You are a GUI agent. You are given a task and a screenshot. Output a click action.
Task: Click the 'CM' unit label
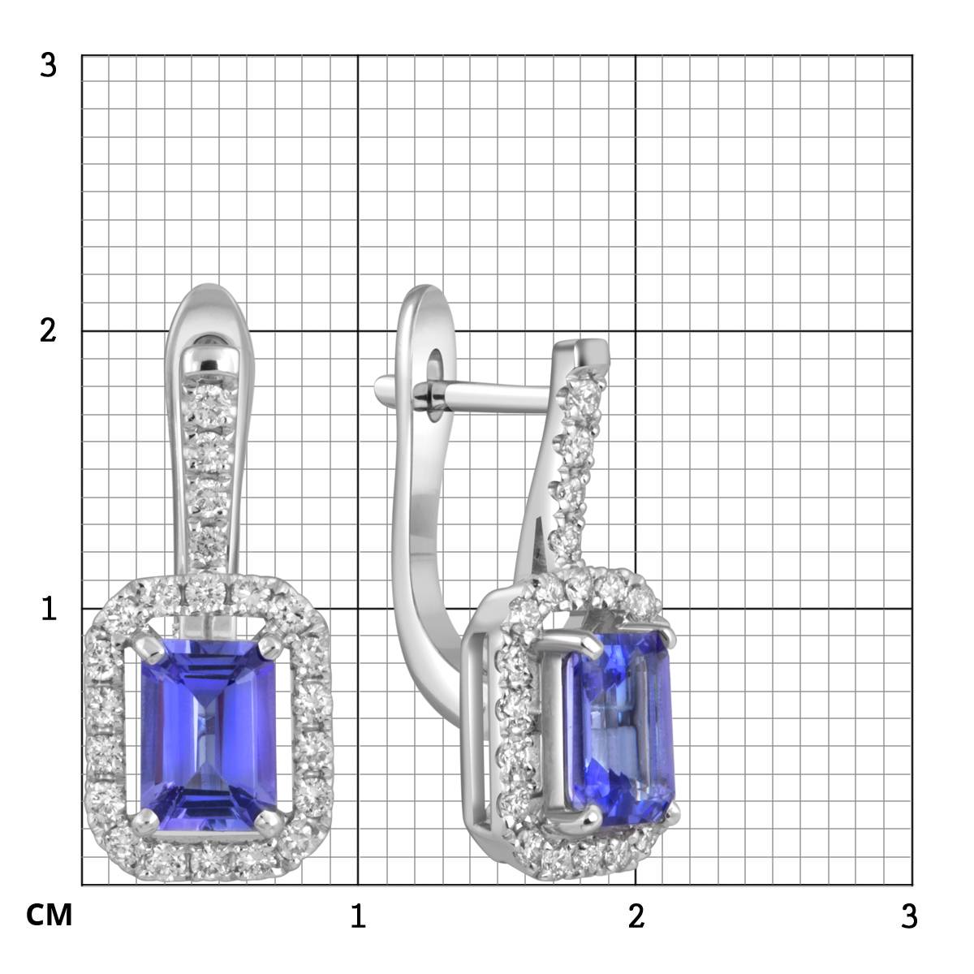(50, 916)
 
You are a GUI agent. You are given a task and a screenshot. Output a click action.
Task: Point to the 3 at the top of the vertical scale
(49, 65)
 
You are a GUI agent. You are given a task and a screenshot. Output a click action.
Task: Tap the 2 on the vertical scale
(49, 331)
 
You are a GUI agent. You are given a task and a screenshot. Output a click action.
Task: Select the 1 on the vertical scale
(49, 609)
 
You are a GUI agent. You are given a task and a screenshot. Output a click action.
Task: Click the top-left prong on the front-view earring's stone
(149, 648)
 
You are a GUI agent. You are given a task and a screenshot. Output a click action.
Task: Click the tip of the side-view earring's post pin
(381, 389)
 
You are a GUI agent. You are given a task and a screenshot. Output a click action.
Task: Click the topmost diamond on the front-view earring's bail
(209, 398)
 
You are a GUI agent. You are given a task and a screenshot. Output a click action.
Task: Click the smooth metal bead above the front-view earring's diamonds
(209, 357)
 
